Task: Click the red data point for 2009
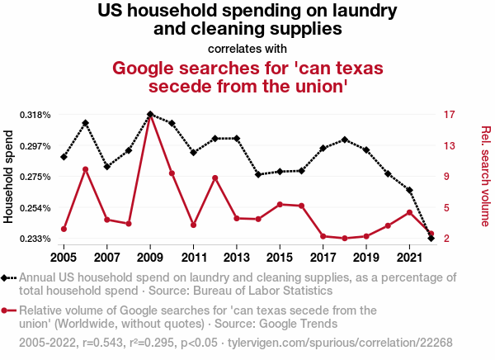click(150, 116)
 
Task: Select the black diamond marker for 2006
click(86, 123)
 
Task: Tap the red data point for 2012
click(214, 178)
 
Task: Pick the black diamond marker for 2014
click(258, 174)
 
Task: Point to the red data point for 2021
click(409, 212)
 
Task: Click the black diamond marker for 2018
click(345, 140)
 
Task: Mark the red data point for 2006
click(86, 169)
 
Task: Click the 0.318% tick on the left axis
click(38, 115)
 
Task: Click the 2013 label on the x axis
click(237, 249)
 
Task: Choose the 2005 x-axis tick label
click(64, 249)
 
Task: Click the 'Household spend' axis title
click(10, 177)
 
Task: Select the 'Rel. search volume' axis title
click(485, 176)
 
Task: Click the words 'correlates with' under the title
click(247, 48)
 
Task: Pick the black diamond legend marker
click(7, 278)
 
